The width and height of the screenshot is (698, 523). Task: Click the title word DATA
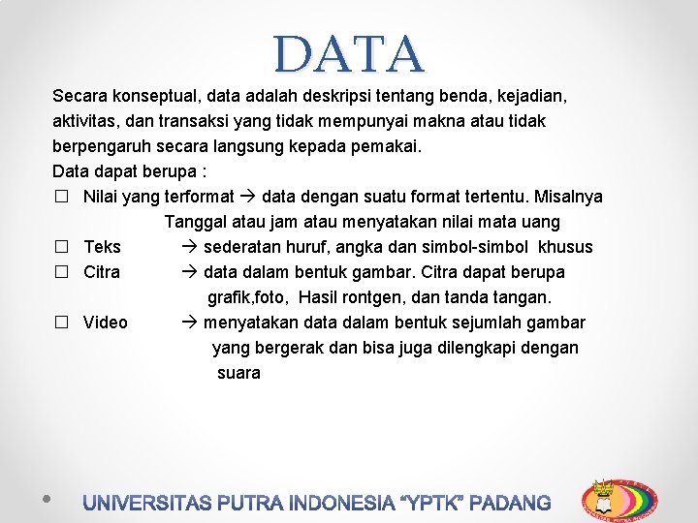[349, 54]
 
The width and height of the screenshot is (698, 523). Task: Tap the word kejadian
[532, 97]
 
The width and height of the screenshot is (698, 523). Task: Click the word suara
[238, 374]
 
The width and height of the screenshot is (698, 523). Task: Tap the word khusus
[565, 248]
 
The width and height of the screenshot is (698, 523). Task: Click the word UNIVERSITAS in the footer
[148, 504]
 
